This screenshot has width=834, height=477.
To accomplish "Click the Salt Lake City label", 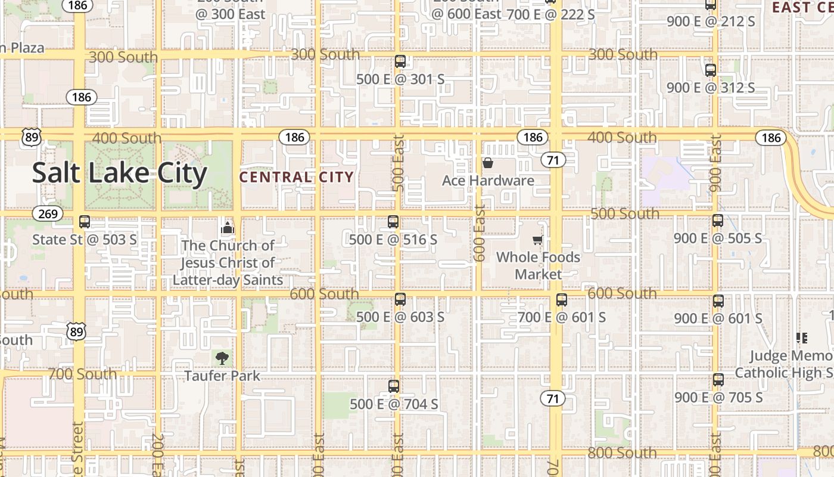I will (x=119, y=173).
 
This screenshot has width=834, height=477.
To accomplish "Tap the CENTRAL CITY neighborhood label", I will (x=297, y=177).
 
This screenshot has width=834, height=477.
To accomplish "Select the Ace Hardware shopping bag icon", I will (x=488, y=163).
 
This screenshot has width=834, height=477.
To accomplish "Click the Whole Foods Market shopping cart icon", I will (x=538, y=240).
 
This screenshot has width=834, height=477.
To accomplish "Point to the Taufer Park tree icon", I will (x=222, y=358).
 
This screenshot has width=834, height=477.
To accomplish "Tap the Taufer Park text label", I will (x=222, y=376).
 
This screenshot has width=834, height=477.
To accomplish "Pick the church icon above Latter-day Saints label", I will (x=228, y=228).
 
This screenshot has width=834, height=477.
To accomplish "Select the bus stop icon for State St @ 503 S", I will (x=85, y=222).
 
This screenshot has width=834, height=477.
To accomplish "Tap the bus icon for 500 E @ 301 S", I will (x=400, y=61).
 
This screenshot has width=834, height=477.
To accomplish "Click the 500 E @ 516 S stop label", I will (x=393, y=240).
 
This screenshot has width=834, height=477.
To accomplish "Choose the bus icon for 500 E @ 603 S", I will (x=400, y=299).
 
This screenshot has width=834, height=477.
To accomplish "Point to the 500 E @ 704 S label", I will (x=394, y=404).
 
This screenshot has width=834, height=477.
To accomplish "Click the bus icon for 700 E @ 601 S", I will (x=562, y=300).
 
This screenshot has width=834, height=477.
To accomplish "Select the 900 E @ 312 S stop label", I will (x=711, y=88).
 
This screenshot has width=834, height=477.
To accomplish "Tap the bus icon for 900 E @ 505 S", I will (x=718, y=221).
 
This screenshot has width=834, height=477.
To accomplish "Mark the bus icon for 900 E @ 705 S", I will (x=718, y=380).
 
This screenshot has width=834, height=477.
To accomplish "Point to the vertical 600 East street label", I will (x=480, y=233).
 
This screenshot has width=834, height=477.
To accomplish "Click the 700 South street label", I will (x=82, y=374).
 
